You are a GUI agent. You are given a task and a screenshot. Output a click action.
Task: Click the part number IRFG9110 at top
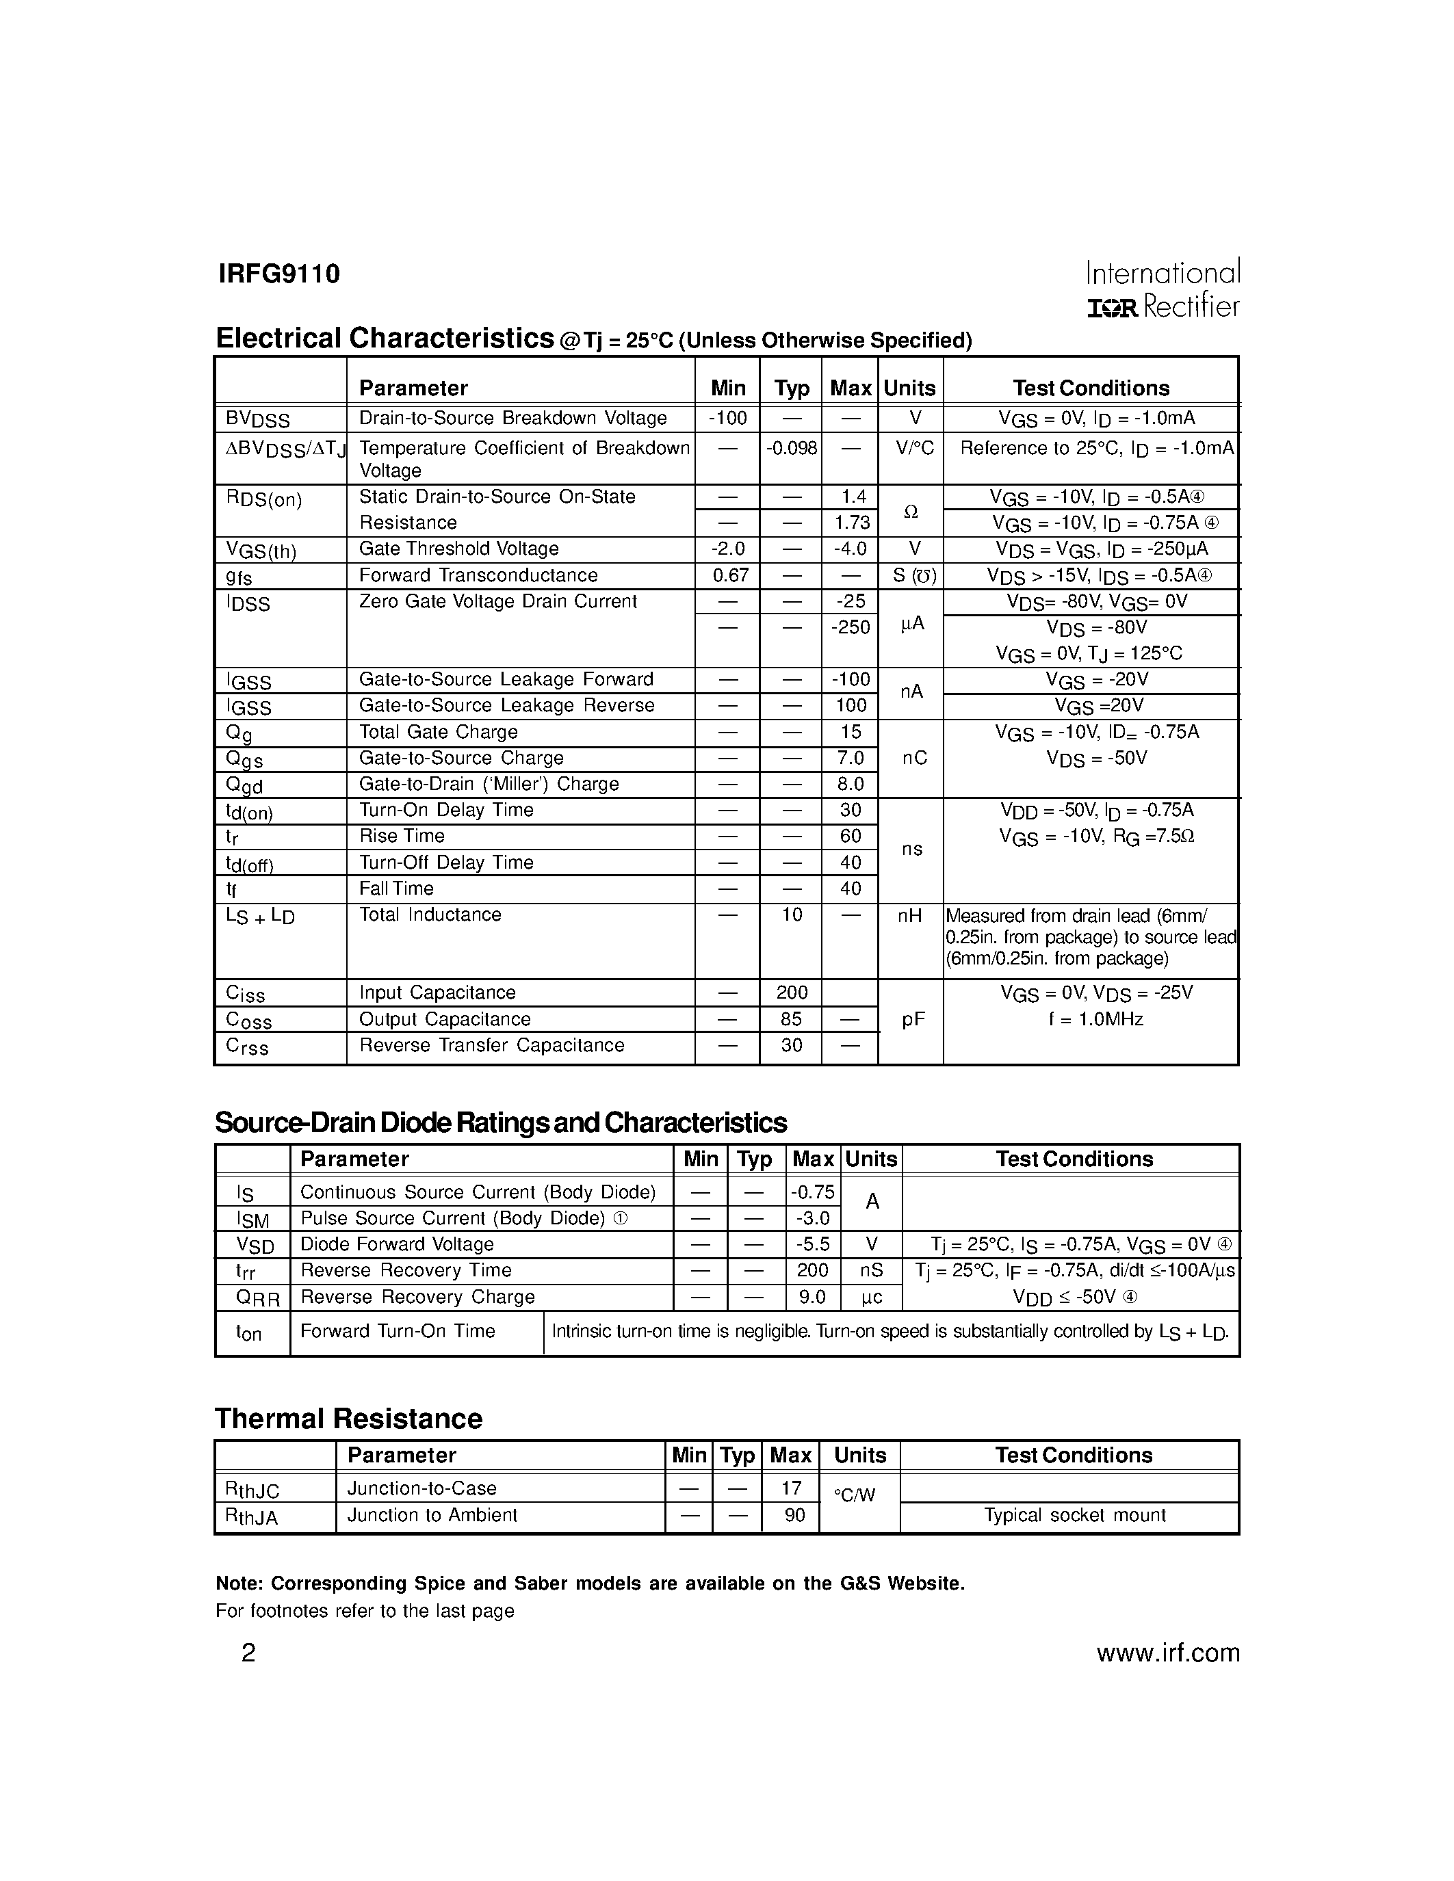coord(279,274)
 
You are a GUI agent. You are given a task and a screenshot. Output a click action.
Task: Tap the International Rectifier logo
coord(1162,289)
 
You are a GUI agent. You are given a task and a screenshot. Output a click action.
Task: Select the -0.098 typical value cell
coord(791,448)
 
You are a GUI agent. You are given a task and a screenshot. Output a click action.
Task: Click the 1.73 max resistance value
coord(851,523)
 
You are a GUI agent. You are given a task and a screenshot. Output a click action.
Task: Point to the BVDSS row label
coord(257,419)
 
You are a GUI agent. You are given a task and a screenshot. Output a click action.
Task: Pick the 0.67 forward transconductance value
coord(728,575)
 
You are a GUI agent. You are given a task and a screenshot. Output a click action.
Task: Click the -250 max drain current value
coord(851,628)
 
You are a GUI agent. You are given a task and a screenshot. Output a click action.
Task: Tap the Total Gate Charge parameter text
coord(438,732)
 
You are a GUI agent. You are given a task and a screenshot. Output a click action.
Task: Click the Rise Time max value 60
coord(851,837)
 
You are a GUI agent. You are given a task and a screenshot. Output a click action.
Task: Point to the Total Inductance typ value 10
coord(791,915)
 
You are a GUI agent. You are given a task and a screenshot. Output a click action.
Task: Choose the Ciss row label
coord(246,994)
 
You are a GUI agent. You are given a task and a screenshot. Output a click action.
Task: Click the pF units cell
coord(913,1020)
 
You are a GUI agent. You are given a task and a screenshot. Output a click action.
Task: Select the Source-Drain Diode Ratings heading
coord(500,1123)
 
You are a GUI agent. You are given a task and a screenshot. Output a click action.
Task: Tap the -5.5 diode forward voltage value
coord(812,1244)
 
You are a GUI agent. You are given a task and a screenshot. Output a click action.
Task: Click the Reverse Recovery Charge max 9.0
coord(812,1297)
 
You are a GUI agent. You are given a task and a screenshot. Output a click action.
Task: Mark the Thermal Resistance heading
coord(348,1419)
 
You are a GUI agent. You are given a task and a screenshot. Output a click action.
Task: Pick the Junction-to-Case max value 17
coord(791,1488)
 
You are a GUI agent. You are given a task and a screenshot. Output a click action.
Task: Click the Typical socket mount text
coord(1074,1515)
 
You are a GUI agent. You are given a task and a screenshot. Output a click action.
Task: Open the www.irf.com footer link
coord(1167,1653)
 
